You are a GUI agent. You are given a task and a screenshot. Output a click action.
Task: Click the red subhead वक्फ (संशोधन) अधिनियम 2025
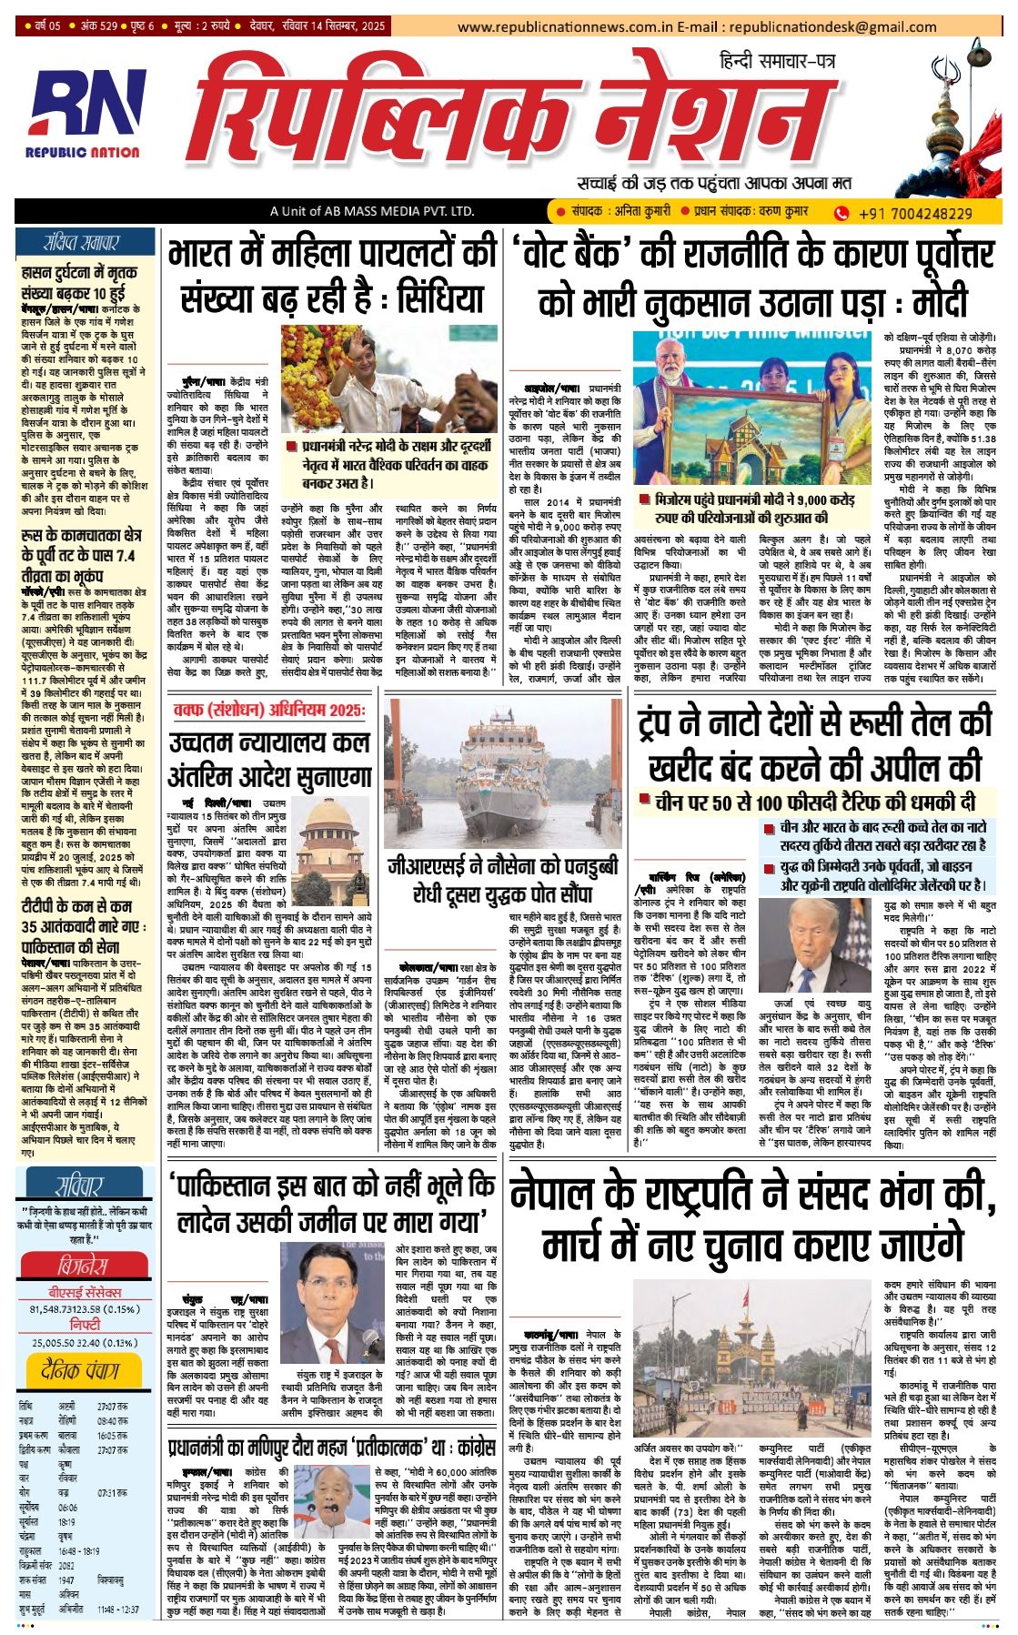pos(268,709)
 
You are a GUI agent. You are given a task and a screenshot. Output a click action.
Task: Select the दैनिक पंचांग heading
pos(80,1369)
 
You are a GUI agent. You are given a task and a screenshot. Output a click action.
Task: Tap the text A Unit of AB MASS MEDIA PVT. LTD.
pos(372,212)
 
